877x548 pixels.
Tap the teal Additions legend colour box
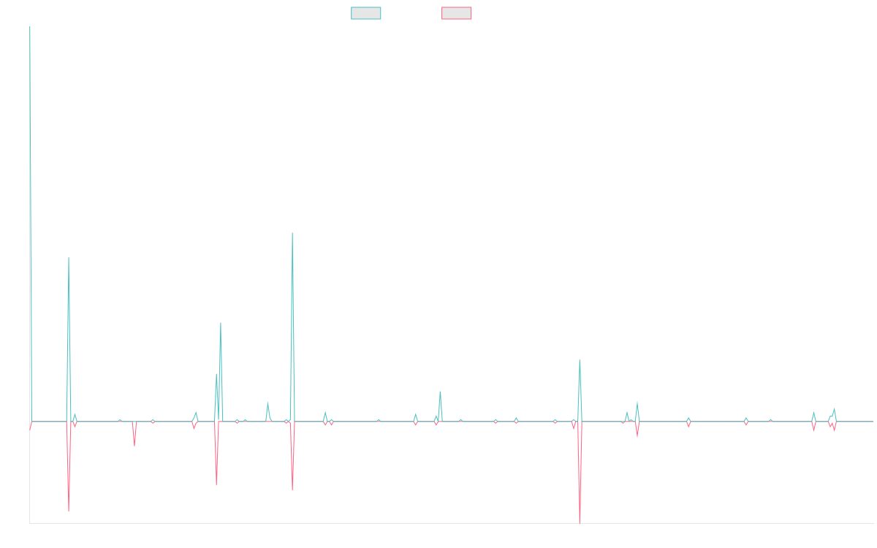click(x=366, y=13)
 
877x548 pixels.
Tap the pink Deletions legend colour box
click(x=457, y=13)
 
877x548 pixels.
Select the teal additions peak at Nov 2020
click(x=292, y=233)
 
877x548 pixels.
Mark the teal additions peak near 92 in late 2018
click(x=69, y=258)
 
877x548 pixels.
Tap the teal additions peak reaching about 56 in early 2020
click(x=221, y=323)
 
